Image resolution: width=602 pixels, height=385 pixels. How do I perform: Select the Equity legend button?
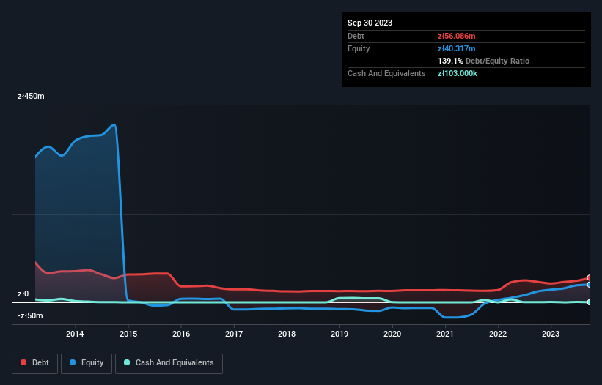pyautogui.click(x=87, y=362)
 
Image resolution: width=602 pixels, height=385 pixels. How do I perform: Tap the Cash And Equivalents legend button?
pyautogui.click(x=169, y=362)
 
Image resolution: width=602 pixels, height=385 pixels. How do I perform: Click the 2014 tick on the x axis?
pyautogui.click(x=75, y=334)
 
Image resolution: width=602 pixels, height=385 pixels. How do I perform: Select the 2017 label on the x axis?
pyautogui.click(x=234, y=334)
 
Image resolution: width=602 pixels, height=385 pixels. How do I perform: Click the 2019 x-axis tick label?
pyautogui.click(x=339, y=334)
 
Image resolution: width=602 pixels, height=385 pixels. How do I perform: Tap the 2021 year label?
pyautogui.click(x=445, y=334)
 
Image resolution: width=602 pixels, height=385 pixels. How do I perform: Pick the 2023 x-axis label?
pyautogui.click(x=551, y=334)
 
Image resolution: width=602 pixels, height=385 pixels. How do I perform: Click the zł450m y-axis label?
pyautogui.click(x=31, y=97)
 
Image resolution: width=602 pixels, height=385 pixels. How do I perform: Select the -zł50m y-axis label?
pyautogui.click(x=29, y=316)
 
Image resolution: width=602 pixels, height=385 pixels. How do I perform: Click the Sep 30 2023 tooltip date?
pyautogui.click(x=370, y=23)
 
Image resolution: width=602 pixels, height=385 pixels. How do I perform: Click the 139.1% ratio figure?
pyautogui.click(x=450, y=61)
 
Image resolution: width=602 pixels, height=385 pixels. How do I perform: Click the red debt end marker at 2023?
pyautogui.click(x=590, y=277)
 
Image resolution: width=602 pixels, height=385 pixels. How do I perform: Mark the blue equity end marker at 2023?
pyautogui.click(x=590, y=285)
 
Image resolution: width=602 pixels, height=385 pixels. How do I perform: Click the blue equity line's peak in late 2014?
pyautogui.click(x=114, y=124)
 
